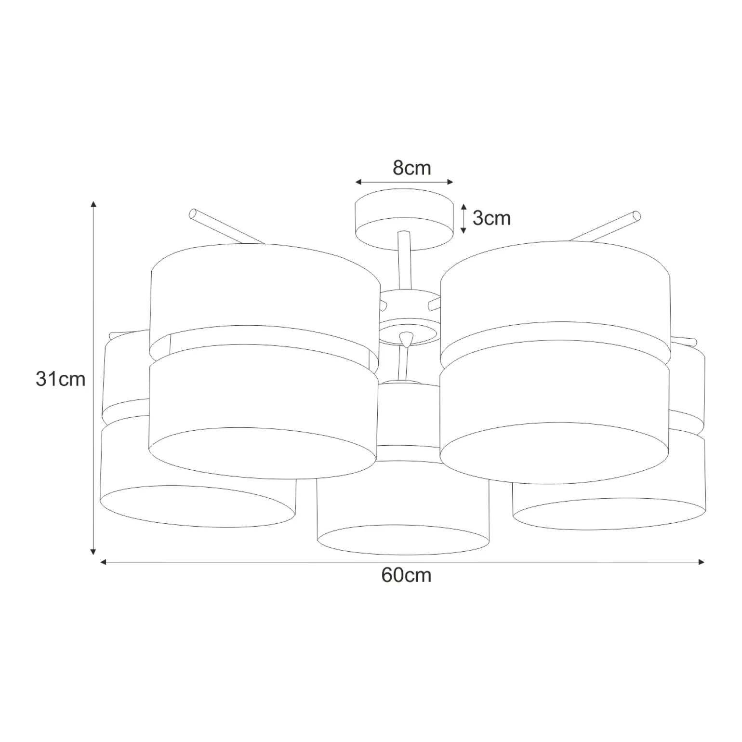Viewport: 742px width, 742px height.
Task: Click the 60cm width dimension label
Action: coord(406,575)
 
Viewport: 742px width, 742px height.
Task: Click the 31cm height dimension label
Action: coord(60,379)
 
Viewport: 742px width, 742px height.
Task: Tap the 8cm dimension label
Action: coord(411,168)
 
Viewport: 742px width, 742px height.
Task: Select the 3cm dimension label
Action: coord(491,218)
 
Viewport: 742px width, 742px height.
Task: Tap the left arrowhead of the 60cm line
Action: coord(103,561)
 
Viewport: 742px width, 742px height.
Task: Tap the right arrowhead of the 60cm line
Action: coord(702,561)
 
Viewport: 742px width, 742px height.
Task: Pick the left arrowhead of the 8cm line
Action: coord(358,182)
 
